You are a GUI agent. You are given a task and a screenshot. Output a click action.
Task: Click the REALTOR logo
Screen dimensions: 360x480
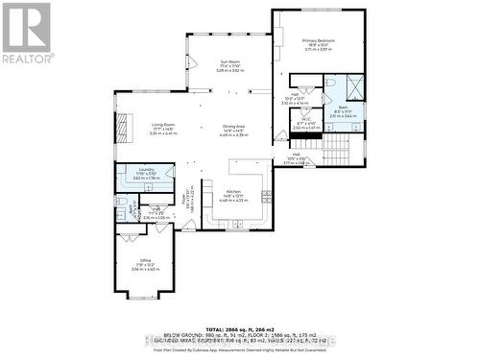(x=26, y=33)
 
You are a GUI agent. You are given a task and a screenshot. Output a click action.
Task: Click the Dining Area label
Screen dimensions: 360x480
(x=235, y=126)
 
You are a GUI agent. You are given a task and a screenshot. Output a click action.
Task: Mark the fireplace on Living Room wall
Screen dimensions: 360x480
(x=120, y=128)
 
